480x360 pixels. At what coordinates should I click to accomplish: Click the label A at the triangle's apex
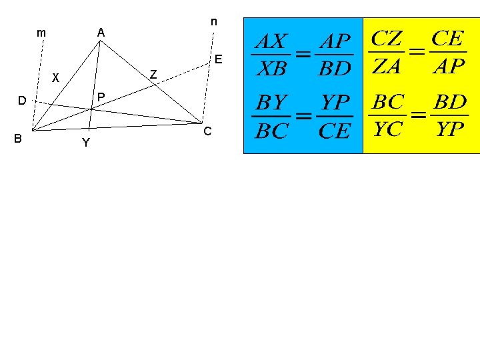coord(101,32)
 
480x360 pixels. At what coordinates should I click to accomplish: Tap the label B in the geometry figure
coord(18,138)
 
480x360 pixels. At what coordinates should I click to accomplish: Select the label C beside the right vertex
coord(207,131)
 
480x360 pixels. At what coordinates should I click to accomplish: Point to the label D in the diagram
coord(22,101)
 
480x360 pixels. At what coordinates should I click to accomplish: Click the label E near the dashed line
coord(218,59)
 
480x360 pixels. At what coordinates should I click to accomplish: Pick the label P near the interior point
coord(101,97)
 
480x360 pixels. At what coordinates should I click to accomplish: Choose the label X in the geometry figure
coord(56,77)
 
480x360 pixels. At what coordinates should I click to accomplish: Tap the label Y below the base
coord(85,143)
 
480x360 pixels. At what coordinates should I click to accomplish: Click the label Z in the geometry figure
coord(153,74)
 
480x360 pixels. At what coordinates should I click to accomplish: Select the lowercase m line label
coord(41,32)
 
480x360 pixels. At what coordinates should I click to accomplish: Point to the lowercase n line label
coord(213,21)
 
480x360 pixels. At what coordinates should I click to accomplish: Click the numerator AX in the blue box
coord(271,42)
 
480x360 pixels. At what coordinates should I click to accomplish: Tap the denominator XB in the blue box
coord(271,68)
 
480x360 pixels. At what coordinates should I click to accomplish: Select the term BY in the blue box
coord(272,103)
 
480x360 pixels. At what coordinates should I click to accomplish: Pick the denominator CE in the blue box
coord(334,131)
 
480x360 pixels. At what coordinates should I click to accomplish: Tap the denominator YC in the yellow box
coord(388,129)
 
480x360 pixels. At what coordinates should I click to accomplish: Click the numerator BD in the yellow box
coord(450,102)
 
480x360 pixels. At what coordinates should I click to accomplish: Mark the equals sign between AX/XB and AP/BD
coord(303,55)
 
